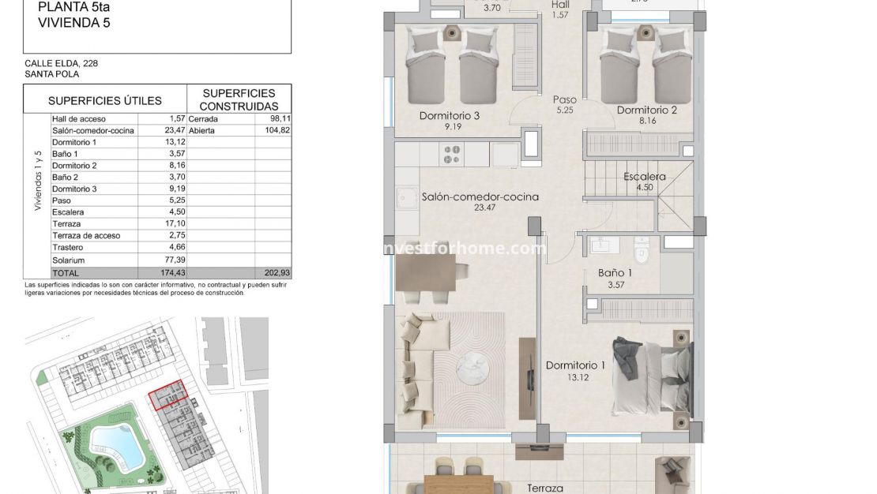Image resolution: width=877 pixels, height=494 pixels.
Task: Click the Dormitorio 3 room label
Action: coord(450,116)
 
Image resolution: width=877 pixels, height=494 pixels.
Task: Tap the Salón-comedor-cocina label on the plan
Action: coord(480,197)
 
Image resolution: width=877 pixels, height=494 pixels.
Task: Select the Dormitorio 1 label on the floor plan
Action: coord(575,365)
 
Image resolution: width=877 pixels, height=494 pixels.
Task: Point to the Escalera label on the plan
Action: coord(644,177)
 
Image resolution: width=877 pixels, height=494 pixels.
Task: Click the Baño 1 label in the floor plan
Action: coord(614,273)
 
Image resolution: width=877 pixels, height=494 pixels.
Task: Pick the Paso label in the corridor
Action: coord(564,100)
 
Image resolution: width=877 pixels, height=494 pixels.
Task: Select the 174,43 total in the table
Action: coord(169,272)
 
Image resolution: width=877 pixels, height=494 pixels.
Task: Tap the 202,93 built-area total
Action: coord(276,272)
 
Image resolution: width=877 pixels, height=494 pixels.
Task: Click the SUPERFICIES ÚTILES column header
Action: coord(104,101)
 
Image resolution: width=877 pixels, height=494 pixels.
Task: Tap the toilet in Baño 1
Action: coord(642,253)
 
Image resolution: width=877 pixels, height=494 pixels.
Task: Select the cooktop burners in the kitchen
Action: coord(452,155)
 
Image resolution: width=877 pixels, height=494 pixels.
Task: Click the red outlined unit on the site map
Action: coord(168,395)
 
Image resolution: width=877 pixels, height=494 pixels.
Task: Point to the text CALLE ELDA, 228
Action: coord(62,63)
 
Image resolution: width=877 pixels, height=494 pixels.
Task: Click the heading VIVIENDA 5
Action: coord(73,23)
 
